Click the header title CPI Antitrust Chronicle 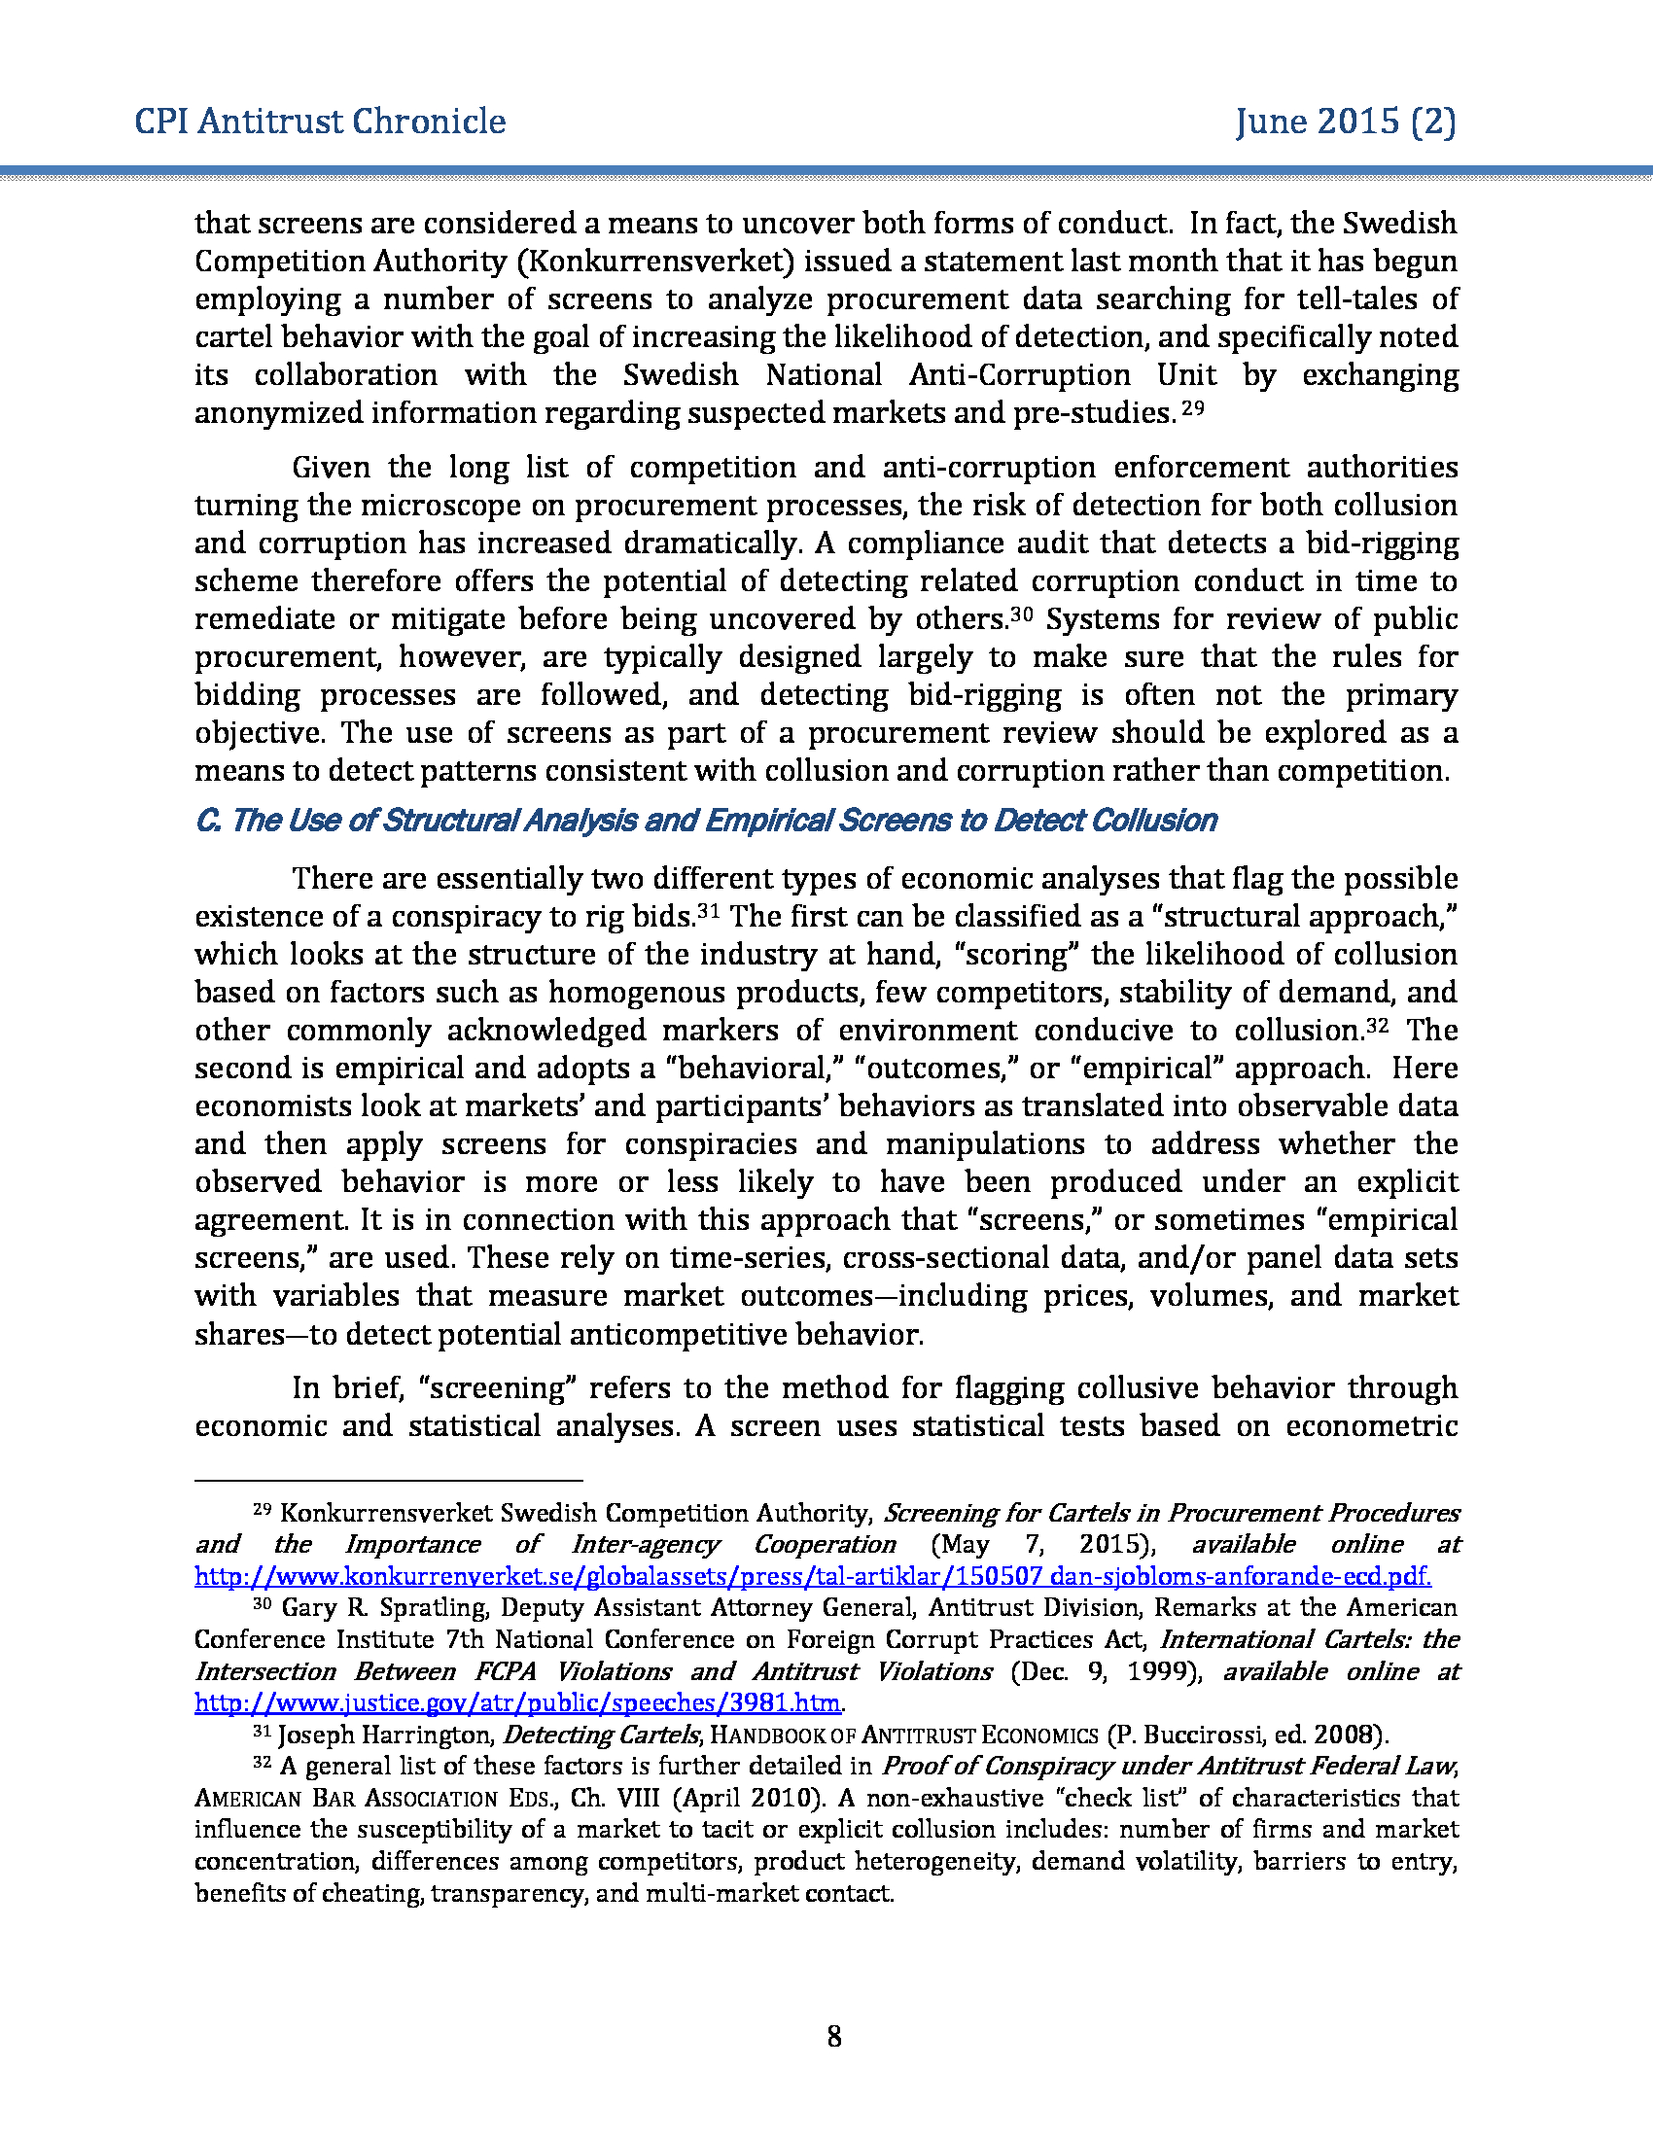tap(320, 122)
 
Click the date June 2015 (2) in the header tap(1345, 122)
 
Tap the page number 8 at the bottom tap(833, 2037)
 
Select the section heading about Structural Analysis tap(705, 821)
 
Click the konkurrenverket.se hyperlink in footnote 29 tap(812, 1576)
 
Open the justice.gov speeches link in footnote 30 tap(517, 1702)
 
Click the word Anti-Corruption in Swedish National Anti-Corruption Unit tap(1019, 375)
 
